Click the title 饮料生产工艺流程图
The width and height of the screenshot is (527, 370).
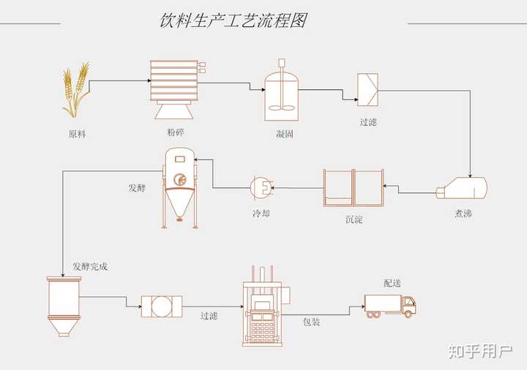(233, 20)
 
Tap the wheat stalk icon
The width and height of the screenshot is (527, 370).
(75, 90)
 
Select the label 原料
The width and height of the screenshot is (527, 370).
(77, 134)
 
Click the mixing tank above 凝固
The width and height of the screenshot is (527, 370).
(282, 91)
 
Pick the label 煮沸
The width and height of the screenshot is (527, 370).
(463, 214)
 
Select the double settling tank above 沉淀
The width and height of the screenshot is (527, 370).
(354, 188)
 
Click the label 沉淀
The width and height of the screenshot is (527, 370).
(354, 219)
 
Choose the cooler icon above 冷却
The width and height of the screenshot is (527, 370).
(261, 187)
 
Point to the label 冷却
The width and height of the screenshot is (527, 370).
(261, 214)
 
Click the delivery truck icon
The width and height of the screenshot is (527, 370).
(391, 305)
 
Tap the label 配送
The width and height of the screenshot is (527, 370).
(392, 283)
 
